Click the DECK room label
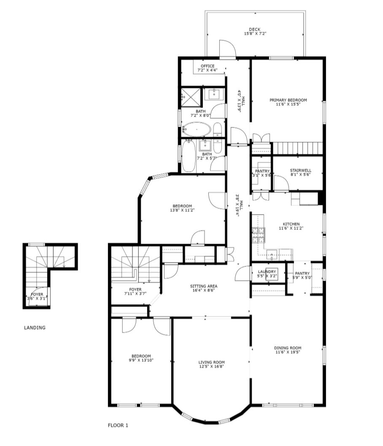point(254,29)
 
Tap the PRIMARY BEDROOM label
point(288,100)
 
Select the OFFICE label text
point(208,66)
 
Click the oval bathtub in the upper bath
point(197,130)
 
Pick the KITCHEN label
point(291,224)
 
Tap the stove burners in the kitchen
point(258,235)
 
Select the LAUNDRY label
point(267,272)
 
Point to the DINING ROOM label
point(288,348)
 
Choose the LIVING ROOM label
point(211,362)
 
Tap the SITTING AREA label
point(204,286)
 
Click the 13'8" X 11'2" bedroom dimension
point(182,210)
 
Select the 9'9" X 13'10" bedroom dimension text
point(141,360)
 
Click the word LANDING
point(35,328)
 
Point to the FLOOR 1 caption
point(118,425)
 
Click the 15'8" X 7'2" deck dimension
point(255,34)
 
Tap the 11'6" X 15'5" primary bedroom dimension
point(288,104)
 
